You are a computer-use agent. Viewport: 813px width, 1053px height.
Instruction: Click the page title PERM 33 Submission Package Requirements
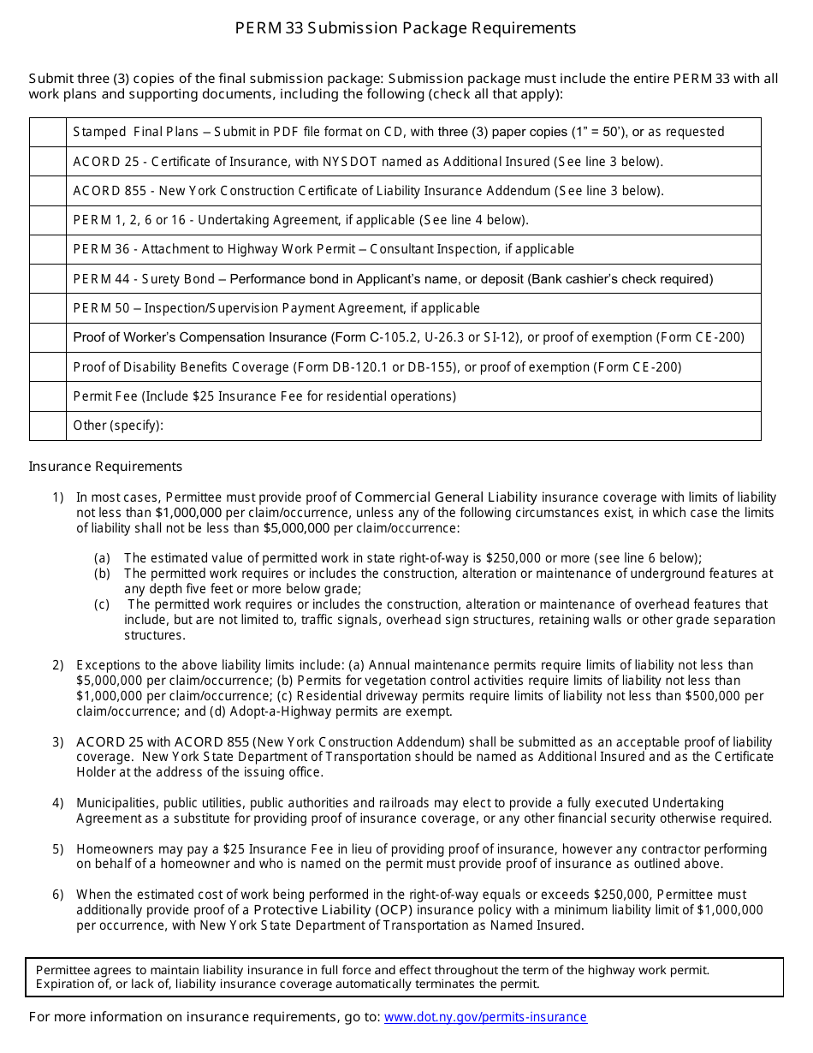pyautogui.click(x=406, y=28)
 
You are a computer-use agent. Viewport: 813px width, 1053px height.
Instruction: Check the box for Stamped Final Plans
pyautogui.click(x=48, y=132)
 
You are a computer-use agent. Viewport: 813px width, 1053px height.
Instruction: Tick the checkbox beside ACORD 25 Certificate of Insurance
pyautogui.click(x=48, y=161)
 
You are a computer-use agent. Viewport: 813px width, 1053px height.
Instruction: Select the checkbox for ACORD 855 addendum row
pyautogui.click(x=48, y=191)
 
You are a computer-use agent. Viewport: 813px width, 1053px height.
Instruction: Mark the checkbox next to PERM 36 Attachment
pyautogui.click(x=48, y=249)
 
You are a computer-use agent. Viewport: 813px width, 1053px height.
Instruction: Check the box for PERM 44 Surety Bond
pyautogui.click(x=48, y=278)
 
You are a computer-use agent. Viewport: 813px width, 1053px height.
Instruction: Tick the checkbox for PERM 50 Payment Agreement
pyautogui.click(x=48, y=308)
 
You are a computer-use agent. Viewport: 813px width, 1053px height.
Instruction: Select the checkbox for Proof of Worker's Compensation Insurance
pyautogui.click(x=48, y=337)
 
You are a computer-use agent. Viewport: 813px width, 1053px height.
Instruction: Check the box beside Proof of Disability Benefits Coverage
pyautogui.click(x=48, y=366)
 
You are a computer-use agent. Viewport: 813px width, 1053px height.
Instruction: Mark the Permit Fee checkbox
pyautogui.click(x=48, y=396)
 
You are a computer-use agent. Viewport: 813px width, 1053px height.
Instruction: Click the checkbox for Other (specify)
pyautogui.click(x=48, y=425)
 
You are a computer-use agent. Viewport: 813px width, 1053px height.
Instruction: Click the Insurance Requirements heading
pyautogui.click(x=105, y=467)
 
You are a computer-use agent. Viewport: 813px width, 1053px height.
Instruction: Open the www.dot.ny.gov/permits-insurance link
pyautogui.click(x=485, y=1017)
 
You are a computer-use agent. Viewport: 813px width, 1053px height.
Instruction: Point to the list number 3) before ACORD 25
pyautogui.click(x=57, y=742)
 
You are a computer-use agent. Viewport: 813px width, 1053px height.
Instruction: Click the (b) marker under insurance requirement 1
pyautogui.click(x=102, y=574)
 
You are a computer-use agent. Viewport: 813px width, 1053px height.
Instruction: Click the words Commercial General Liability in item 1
pyautogui.click(x=446, y=497)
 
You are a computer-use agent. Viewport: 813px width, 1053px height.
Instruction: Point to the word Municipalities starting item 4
pyautogui.click(x=116, y=803)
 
